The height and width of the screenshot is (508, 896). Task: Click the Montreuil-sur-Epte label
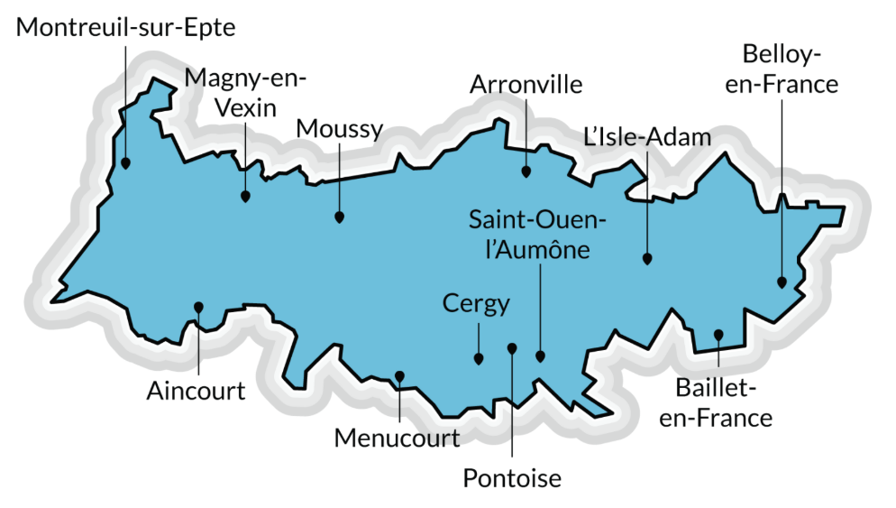(x=126, y=28)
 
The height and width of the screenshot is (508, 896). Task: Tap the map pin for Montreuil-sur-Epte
(x=126, y=163)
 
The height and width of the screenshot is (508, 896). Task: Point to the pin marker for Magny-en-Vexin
(x=245, y=195)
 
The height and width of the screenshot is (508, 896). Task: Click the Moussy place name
(x=339, y=129)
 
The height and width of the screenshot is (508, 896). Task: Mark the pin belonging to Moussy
(x=339, y=217)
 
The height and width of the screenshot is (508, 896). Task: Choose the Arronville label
(x=526, y=85)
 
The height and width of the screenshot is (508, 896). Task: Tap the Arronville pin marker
(x=526, y=170)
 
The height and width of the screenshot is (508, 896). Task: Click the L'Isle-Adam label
(x=647, y=137)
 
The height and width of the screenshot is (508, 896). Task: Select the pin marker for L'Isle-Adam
(x=647, y=258)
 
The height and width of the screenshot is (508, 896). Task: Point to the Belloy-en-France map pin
(x=782, y=282)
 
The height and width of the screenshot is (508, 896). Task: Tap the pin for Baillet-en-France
(x=718, y=335)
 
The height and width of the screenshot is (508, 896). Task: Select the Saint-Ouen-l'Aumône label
(x=538, y=234)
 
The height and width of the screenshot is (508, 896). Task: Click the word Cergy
(x=476, y=303)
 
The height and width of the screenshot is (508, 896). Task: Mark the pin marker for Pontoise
(x=511, y=347)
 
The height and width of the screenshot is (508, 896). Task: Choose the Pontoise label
(x=512, y=478)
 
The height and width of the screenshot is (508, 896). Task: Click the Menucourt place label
(x=398, y=439)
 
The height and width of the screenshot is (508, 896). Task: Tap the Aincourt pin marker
(x=198, y=307)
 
